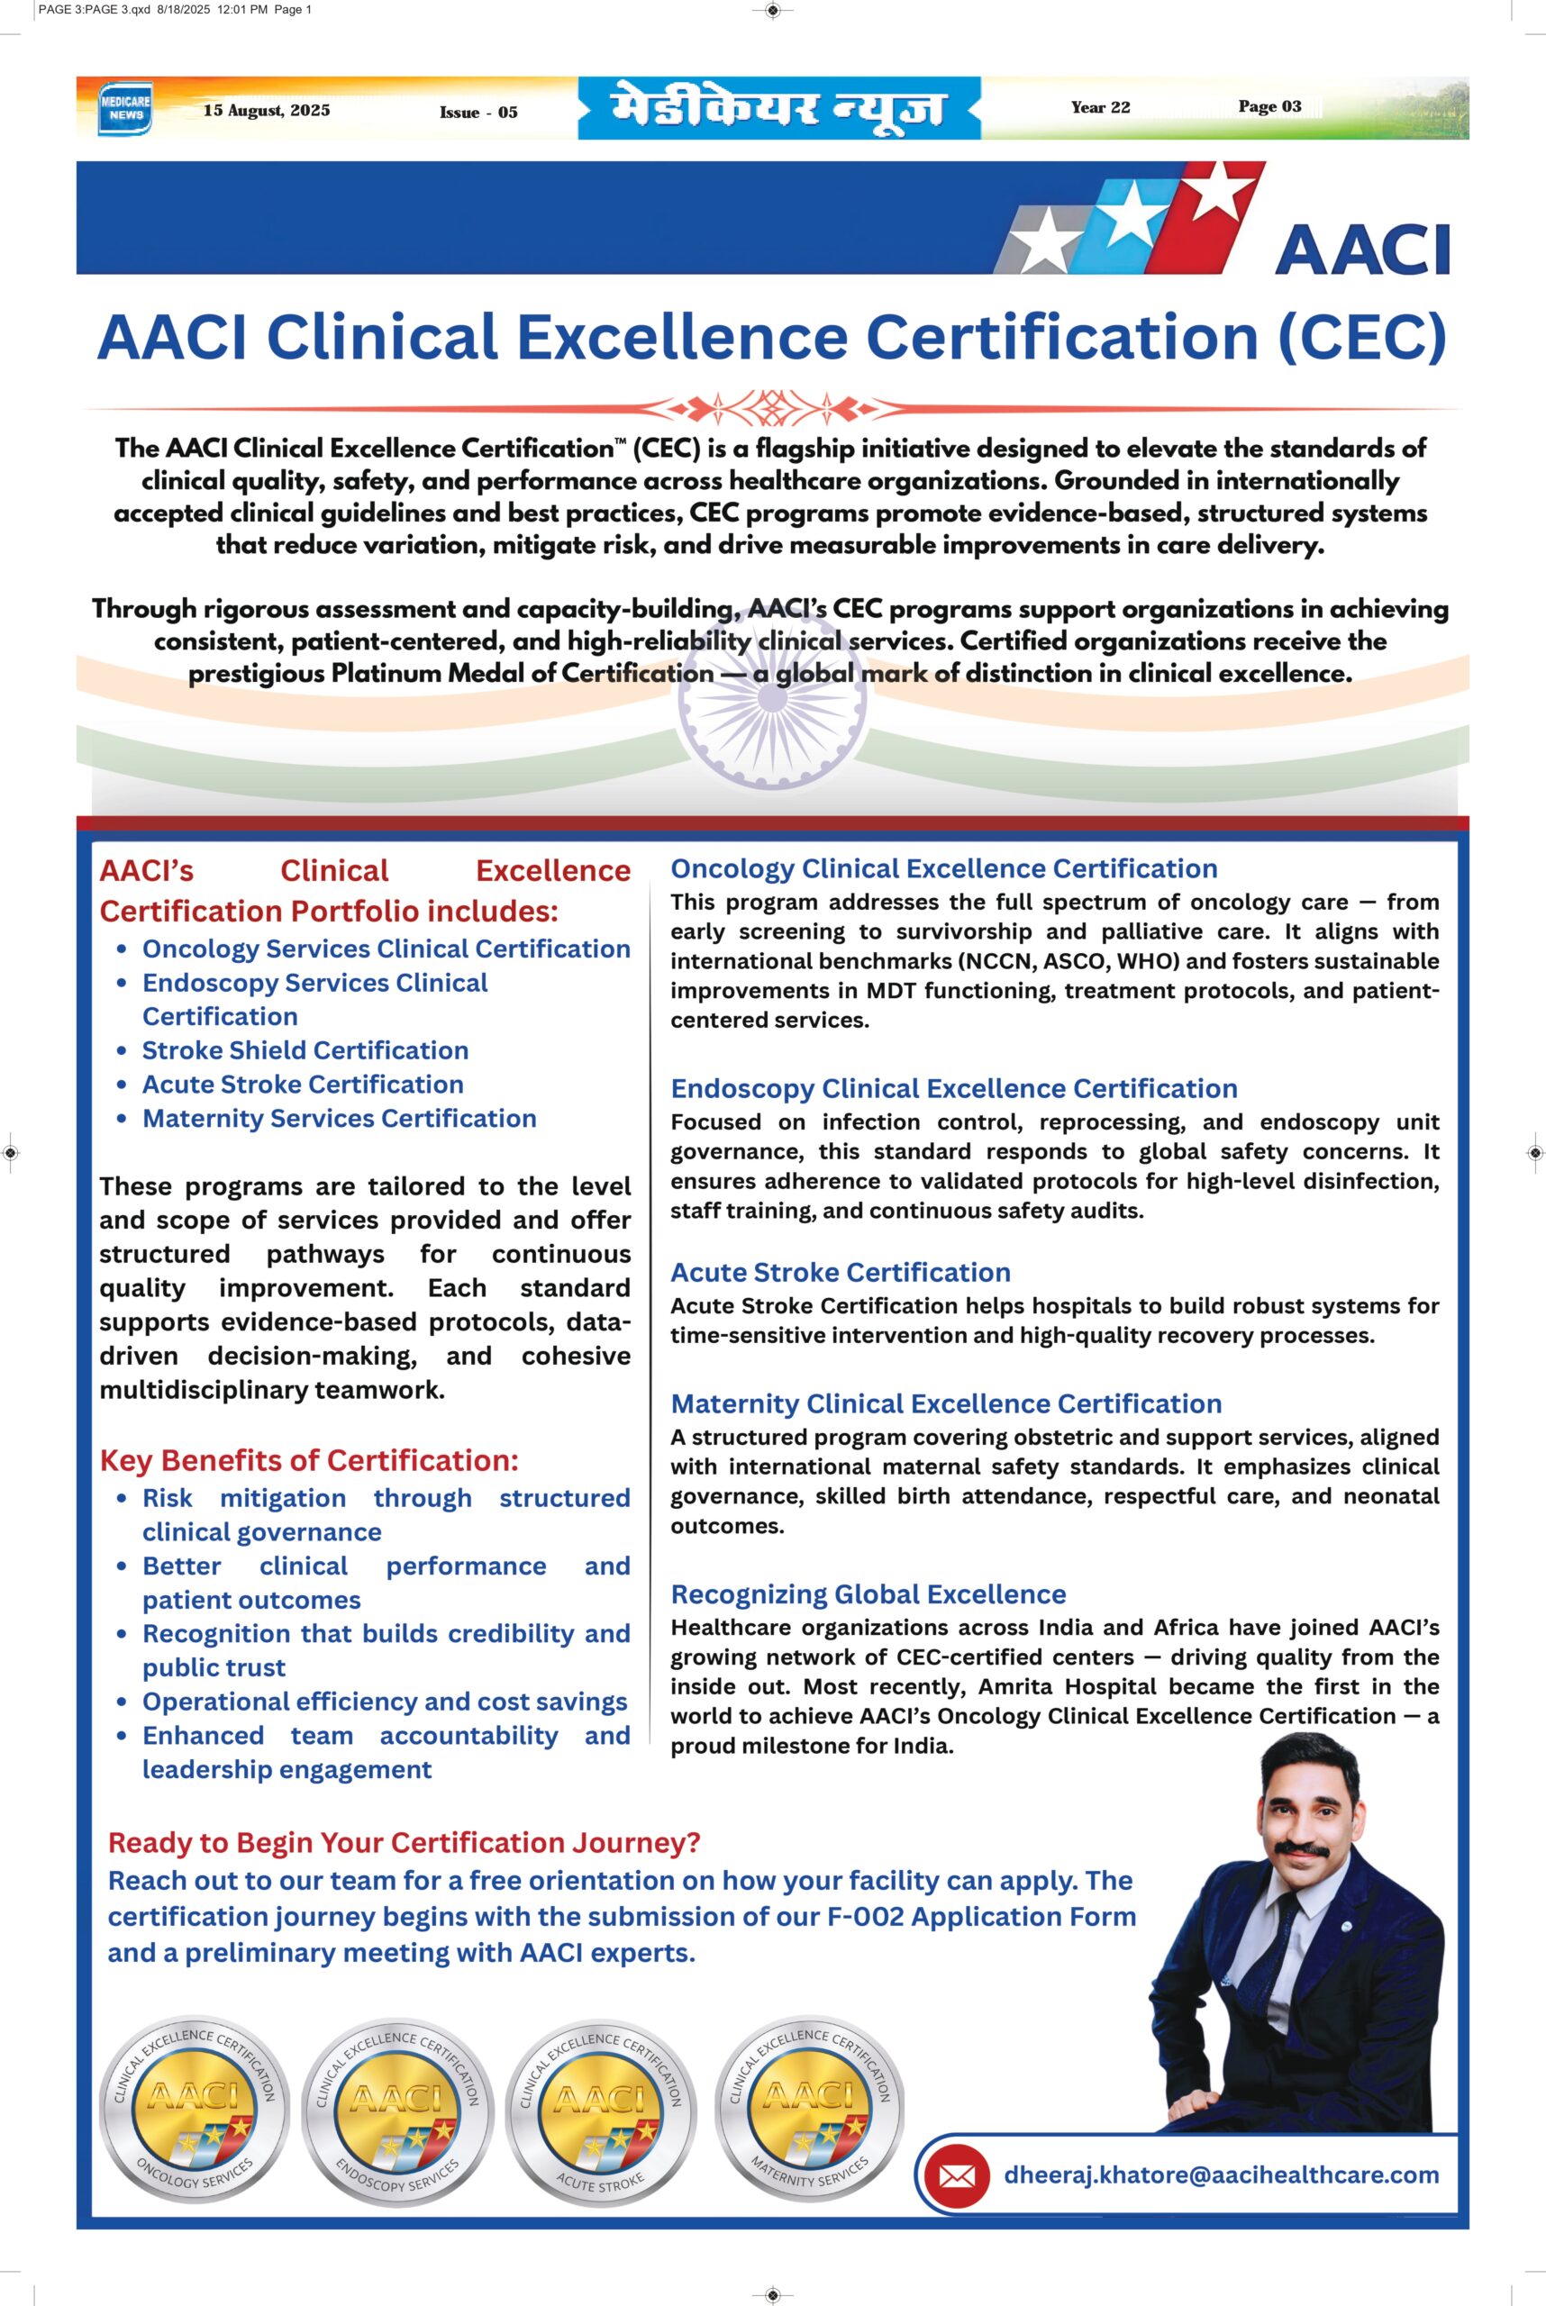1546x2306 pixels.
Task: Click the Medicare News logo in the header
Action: [x=125, y=107]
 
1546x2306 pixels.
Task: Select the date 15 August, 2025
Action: [x=266, y=111]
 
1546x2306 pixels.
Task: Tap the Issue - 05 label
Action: [x=478, y=113]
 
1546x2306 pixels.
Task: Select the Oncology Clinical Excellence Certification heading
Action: [x=943, y=868]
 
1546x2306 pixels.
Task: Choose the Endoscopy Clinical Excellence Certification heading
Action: [x=953, y=1088]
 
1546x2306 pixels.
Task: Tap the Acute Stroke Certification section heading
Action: [x=840, y=1272]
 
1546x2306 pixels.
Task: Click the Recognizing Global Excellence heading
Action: [x=868, y=1594]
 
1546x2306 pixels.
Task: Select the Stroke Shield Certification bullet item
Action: [x=305, y=1050]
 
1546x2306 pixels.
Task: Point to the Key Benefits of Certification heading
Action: [x=309, y=1460]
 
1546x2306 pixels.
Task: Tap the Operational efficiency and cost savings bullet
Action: [x=385, y=1702]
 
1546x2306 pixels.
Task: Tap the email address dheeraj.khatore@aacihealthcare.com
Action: [x=1221, y=2174]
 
